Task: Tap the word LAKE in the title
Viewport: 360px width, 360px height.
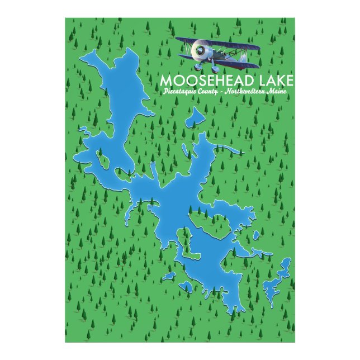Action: pos(273,81)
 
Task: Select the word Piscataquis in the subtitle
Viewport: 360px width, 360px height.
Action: pos(179,93)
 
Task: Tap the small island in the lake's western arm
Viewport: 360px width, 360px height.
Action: pos(103,160)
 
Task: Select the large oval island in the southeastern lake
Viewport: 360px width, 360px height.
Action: pos(211,226)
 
